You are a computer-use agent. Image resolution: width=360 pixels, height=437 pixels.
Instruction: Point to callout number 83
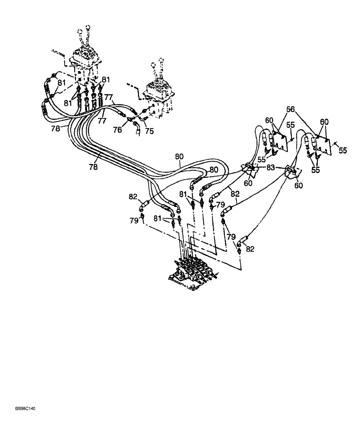pyautogui.click(x=271, y=167)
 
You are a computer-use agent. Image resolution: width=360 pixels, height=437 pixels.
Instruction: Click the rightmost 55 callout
pyautogui.click(x=343, y=150)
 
